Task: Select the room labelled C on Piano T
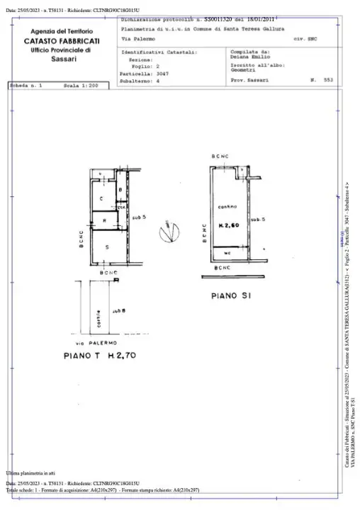102,198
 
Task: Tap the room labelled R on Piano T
105,221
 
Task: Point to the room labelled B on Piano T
121,190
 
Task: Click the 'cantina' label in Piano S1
227,206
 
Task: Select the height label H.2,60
227,225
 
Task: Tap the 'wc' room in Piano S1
227,252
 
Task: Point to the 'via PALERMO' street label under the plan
107,343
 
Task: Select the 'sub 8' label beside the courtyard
118,310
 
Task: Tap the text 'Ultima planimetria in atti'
30,472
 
